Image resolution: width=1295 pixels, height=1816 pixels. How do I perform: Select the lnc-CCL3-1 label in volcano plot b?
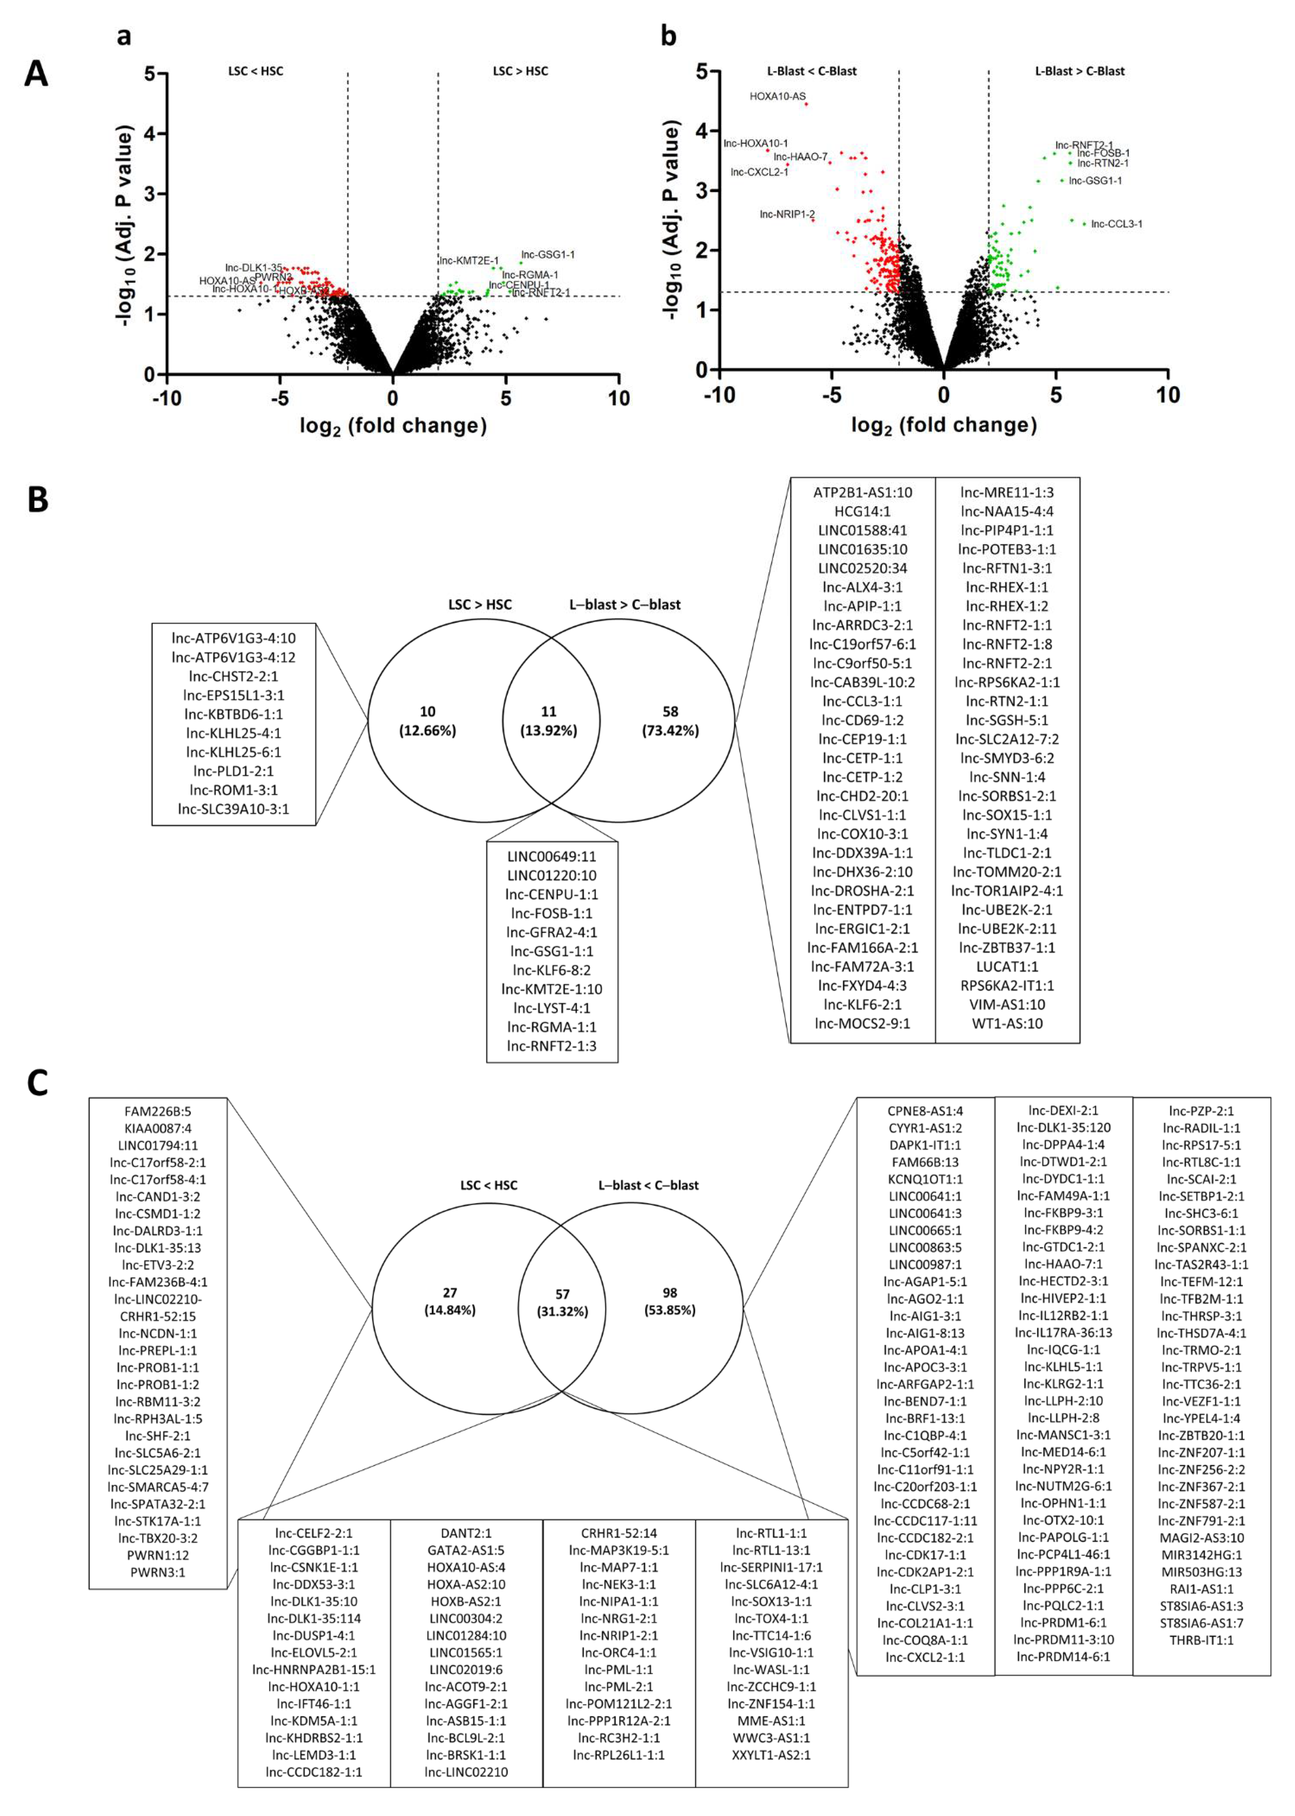(1116, 224)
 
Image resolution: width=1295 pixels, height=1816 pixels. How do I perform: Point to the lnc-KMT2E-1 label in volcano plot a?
(469, 261)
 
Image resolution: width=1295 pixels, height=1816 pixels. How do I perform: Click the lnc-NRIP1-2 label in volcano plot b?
(787, 214)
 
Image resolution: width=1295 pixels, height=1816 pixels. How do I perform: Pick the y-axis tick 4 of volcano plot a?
(148, 134)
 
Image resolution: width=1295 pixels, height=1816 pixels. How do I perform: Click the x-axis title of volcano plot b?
(943, 425)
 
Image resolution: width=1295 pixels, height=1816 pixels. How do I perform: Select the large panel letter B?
(37, 500)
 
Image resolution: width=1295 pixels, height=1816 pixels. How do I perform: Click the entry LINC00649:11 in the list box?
(552, 856)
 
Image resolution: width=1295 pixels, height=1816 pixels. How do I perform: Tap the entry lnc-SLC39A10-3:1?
(233, 808)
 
